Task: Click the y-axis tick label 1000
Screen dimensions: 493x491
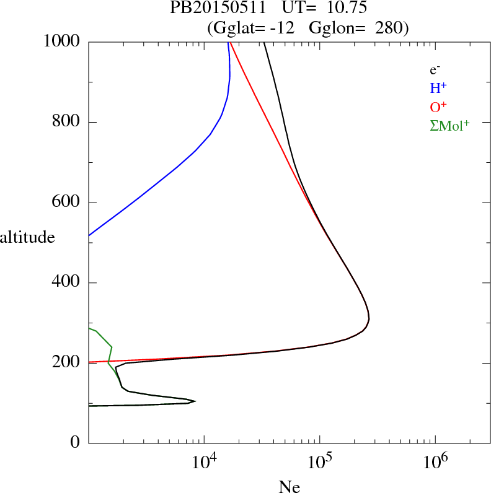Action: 62,41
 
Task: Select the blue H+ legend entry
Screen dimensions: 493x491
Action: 438,89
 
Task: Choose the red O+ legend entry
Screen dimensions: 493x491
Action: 439,107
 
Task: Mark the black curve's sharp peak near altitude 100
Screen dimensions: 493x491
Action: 195,401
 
